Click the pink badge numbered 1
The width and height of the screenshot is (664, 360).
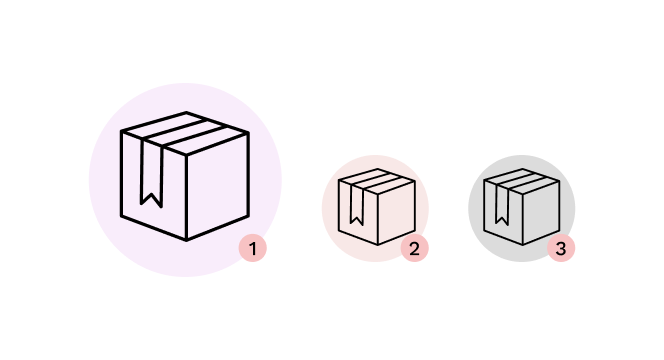click(x=253, y=248)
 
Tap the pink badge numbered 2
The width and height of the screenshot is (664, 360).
click(x=415, y=248)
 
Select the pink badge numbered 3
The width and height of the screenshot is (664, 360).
click(x=561, y=248)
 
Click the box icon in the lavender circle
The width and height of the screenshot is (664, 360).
click(x=185, y=176)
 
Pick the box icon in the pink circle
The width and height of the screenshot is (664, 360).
click(x=377, y=207)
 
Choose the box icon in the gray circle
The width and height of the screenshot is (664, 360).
click(x=522, y=207)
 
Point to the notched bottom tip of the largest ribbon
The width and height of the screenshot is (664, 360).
click(x=151, y=195)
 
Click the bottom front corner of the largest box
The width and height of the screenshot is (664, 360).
click(x=186, y=241)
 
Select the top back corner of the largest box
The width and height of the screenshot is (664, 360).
click(x=186, y=113)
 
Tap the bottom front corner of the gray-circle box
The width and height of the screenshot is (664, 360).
click(x=523, y=245)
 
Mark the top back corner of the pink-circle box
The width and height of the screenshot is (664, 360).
click(x=378, y=169)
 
